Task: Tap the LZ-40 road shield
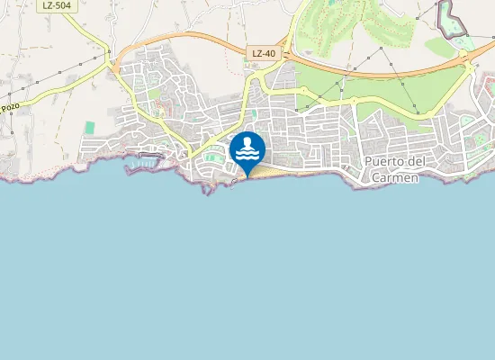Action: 264,54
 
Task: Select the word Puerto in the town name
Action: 386,163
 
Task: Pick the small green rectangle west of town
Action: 90,127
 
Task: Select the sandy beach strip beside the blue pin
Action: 270,172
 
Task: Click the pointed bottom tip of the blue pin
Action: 247,175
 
